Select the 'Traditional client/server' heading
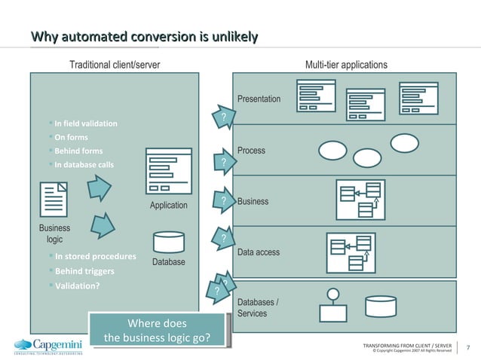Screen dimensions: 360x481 click(115, 65)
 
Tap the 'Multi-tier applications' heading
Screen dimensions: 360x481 click(346, 65)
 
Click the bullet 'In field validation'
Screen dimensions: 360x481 click(85, 123)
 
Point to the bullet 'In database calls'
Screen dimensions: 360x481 click(84, 165)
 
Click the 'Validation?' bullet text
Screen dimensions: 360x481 click(77, 285)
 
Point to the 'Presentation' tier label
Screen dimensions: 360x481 click(259, 99)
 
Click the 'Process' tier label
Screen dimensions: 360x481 click(251, 151)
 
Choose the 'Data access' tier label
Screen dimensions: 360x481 click(259, 252)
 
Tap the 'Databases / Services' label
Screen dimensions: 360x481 click(258, 308)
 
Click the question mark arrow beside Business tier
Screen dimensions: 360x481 click(224, 200)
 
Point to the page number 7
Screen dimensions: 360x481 click(468, 347)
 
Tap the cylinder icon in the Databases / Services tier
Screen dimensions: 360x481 click(380, 306)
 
